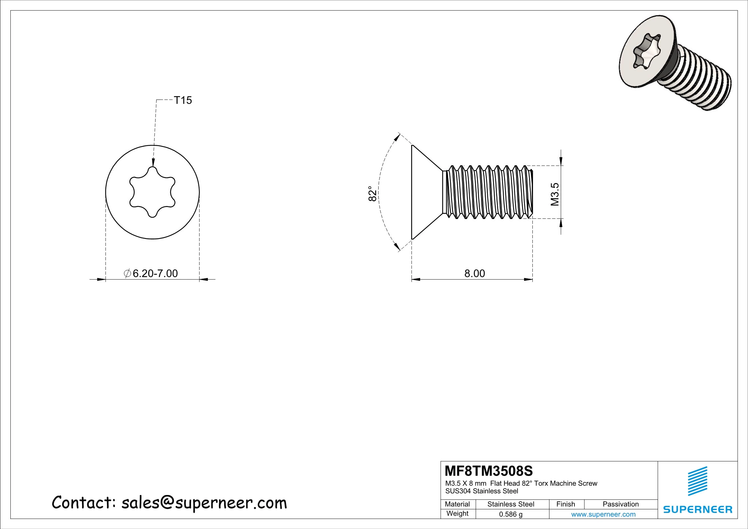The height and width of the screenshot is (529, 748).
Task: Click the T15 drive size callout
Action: (183, 100)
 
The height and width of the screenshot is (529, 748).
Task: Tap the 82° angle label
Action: (373, 193)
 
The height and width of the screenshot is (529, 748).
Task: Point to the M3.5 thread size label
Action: (555, 194)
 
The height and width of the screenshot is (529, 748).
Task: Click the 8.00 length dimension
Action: (474, 273)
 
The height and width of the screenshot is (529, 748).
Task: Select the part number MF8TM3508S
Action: (489, 471)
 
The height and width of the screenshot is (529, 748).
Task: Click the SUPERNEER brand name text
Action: (697, 509)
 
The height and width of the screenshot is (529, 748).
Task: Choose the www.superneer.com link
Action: (603, 514)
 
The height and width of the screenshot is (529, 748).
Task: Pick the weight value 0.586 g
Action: (510, 514)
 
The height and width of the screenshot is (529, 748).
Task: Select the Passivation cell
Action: (620, 504)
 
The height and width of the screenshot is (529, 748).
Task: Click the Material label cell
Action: (457, 504)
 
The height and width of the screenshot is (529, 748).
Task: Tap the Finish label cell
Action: (565, 504)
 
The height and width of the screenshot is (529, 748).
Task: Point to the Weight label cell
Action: (457, 513)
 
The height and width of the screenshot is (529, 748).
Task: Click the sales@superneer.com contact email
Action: (204, 503)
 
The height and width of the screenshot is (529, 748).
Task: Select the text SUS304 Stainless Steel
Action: (481, 491)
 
